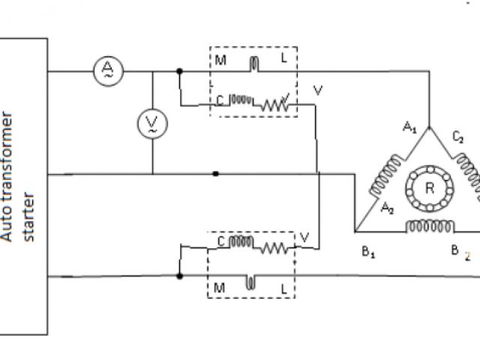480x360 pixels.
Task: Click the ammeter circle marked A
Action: click(x=108, y=71)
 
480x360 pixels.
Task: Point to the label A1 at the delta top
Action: click(x=409, y=129)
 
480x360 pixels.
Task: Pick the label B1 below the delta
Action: click(x=368, y=252)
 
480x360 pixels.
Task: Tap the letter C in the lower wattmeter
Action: click(x=221, y=241)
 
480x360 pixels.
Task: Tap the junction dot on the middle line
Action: click(x=216, y=174)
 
